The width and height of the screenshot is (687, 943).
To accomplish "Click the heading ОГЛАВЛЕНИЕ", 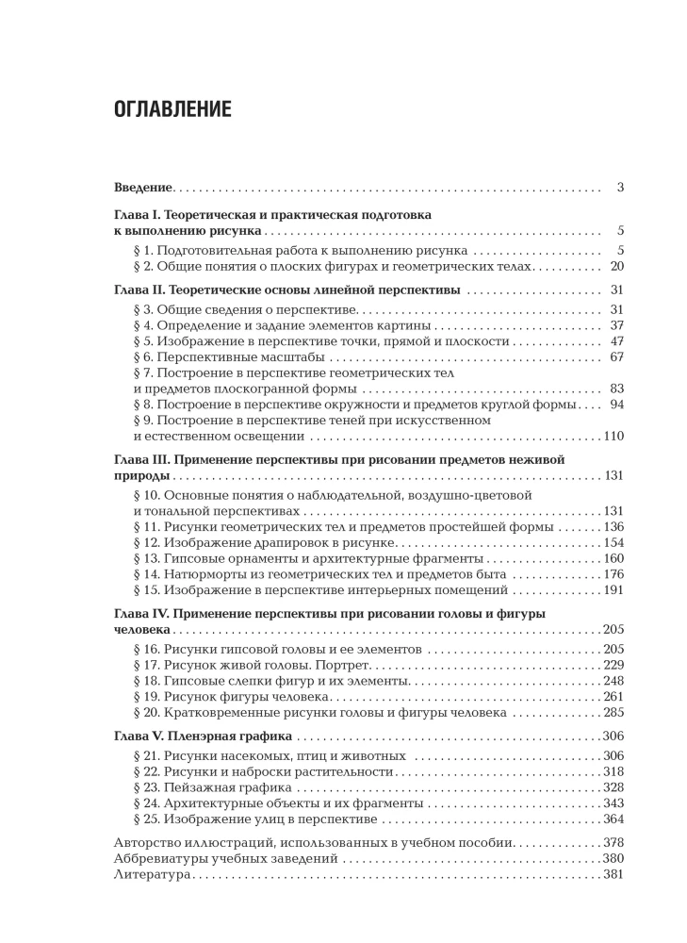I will point(172,108).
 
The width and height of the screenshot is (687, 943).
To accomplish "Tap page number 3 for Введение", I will point(621,188).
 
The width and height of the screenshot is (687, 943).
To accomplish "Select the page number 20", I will point(617,268).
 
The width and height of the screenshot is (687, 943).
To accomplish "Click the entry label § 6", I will point(144,357).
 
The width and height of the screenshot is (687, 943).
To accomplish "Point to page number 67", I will point(617,357).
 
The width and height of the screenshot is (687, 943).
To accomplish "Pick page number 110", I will point(613,437).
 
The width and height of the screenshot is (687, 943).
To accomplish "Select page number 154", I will point(613,544).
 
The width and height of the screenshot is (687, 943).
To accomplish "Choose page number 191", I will point(613,589).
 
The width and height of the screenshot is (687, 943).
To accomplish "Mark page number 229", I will point(613,665).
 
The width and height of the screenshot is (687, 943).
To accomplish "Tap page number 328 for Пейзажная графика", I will point(613,786).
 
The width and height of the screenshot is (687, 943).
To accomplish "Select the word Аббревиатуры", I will point(164,860).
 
